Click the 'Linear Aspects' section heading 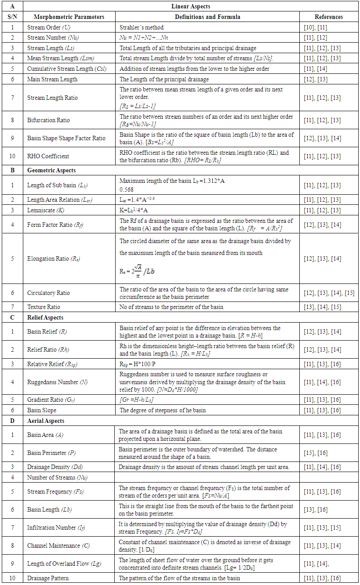[191, 7]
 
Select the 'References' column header [329, 17]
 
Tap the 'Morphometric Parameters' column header [69, 17]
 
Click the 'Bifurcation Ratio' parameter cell [48, 120]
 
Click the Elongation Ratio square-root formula [137, 272]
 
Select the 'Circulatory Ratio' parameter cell [48, 293]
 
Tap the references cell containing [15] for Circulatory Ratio [329, 293]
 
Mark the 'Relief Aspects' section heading [45, 317]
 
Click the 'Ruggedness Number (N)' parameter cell [57, 382]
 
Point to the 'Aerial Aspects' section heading [46, 421]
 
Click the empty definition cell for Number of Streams [207, 477]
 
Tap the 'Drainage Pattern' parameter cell [48, 578]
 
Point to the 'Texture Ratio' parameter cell [44, 307]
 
